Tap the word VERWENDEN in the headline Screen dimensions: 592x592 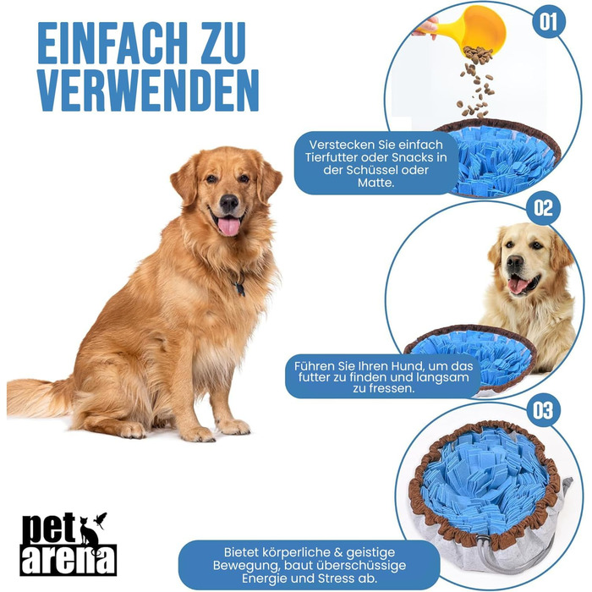pyautogui.click(x=148, y=90)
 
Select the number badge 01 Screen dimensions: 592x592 pyautogui.click(x=549, y=21)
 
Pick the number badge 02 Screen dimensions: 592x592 pyautogui.click(x=543, y=208)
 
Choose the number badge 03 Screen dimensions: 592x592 pyautogui.click(x=543, y=410)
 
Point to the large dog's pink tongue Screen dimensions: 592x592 pyautogui.click(x=229, y=226)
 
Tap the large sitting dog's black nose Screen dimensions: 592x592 pyautogui.click(x=229, y=203)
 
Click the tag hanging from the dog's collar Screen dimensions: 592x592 pyautogui.click(x=239, y=289)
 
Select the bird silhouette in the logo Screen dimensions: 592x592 pyautogui.click(x=101, y=519)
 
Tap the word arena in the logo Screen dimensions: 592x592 pyautogui.click(x=68, y=560)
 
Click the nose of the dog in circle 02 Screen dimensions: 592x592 pyautogui.click(x=515, y=260)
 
